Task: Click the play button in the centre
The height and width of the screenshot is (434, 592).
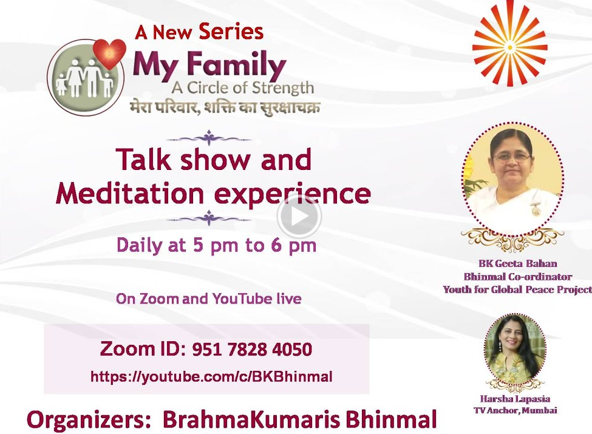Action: [x=299, y=217]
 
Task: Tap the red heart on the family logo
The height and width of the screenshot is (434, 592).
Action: [x=109, y=53]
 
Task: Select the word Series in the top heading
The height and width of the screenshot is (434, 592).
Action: [x=231, y=32]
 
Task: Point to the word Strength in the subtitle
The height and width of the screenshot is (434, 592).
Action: [x=283, y=88]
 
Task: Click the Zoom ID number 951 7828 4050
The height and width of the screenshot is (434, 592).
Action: [x=252, y=350]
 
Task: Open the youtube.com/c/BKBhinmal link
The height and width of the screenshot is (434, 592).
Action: [x=211, y=376]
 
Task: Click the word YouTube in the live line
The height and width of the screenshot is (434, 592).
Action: [x=242, y=299]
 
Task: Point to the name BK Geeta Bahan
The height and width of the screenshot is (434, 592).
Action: [x=518, y=263]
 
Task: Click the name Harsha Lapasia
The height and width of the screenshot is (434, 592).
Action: [x=515, y=399]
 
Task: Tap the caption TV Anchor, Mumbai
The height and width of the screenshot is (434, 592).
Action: [x=515, y=410]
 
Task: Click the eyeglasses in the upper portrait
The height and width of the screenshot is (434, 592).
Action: [x=512, y=157]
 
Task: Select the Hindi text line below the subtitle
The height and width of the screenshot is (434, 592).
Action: [x=224, y=107]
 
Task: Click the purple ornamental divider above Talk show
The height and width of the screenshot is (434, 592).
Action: [x=209, y=138]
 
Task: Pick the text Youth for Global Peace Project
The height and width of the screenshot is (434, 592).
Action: [x=517, y=290]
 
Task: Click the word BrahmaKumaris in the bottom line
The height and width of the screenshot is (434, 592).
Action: [x=251, y=419]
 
